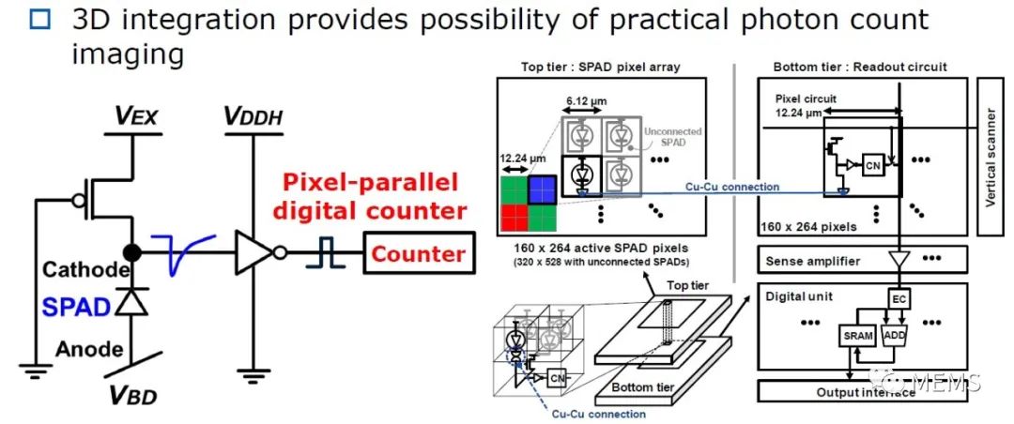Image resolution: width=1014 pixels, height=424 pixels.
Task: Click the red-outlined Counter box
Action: pos(418,253)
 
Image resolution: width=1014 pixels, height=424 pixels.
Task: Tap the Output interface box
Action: pos(864,392)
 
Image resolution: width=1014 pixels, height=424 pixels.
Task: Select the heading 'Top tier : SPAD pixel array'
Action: pos(601,67)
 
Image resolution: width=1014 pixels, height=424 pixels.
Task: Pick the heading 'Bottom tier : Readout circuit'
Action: pos(860,67)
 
